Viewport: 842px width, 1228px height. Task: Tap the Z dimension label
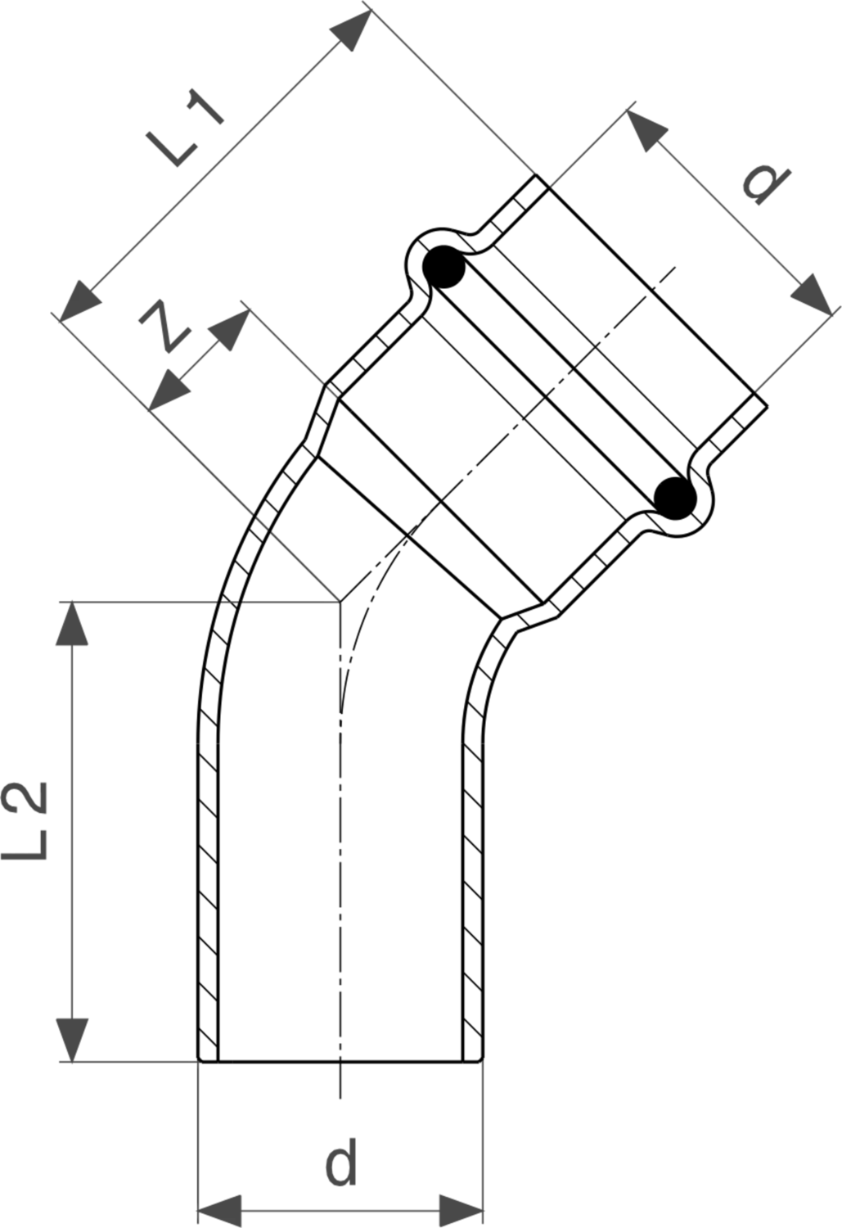tap(165, 326)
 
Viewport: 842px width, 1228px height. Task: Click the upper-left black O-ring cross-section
tap(444, 266)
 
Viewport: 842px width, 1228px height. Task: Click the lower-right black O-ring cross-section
tap(675, 498)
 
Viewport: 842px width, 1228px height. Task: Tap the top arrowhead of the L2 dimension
tap(72, 623)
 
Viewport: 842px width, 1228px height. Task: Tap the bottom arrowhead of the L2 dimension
tap(72, 1040)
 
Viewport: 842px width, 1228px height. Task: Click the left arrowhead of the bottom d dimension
tap(219, 1211)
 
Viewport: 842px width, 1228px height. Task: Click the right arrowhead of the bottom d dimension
tap(462, 1211)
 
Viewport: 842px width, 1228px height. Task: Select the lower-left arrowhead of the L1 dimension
tap(79, 301)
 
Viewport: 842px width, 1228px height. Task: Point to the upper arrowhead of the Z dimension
tap(230, 330)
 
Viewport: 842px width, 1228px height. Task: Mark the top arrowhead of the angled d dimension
tap(647, 130)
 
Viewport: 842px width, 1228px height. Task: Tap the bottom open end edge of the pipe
tap(340, 1061)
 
